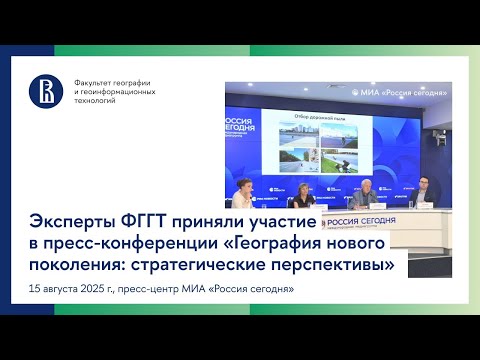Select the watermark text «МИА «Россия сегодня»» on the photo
tap(414, 91)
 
